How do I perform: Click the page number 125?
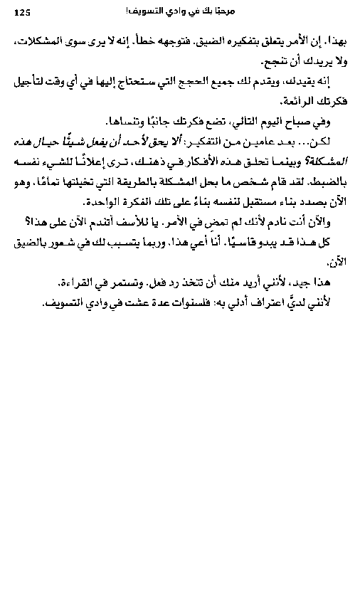pyautogui.click(x=23, y=11)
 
